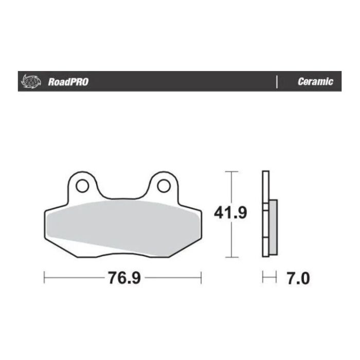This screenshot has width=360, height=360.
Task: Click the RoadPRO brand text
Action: coord(67,82)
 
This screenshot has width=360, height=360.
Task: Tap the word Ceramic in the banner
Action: coord(315,82)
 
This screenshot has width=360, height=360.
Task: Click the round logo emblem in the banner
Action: coord(30,81)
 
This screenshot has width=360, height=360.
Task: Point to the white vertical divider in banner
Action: coord(277,81)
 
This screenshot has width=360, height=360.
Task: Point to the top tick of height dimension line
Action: coord(232,171)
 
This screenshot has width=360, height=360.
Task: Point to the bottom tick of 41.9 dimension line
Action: coord(232,257)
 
